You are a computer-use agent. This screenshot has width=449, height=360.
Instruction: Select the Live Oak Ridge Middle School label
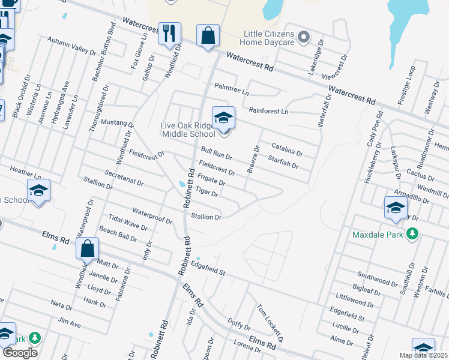(x=187, y=129)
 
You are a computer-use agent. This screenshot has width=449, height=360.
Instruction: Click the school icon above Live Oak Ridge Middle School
(x=223, y=117)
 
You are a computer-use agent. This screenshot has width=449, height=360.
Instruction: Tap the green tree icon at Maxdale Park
(x=412, y=233)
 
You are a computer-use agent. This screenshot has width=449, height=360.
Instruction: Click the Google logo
(x=20, y=353)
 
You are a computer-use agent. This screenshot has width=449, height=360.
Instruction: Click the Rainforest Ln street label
(x=268, y=111)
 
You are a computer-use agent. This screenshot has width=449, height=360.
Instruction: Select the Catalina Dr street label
(x=287, y=149)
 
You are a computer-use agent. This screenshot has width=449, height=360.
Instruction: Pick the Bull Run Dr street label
(x=217, y=153)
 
